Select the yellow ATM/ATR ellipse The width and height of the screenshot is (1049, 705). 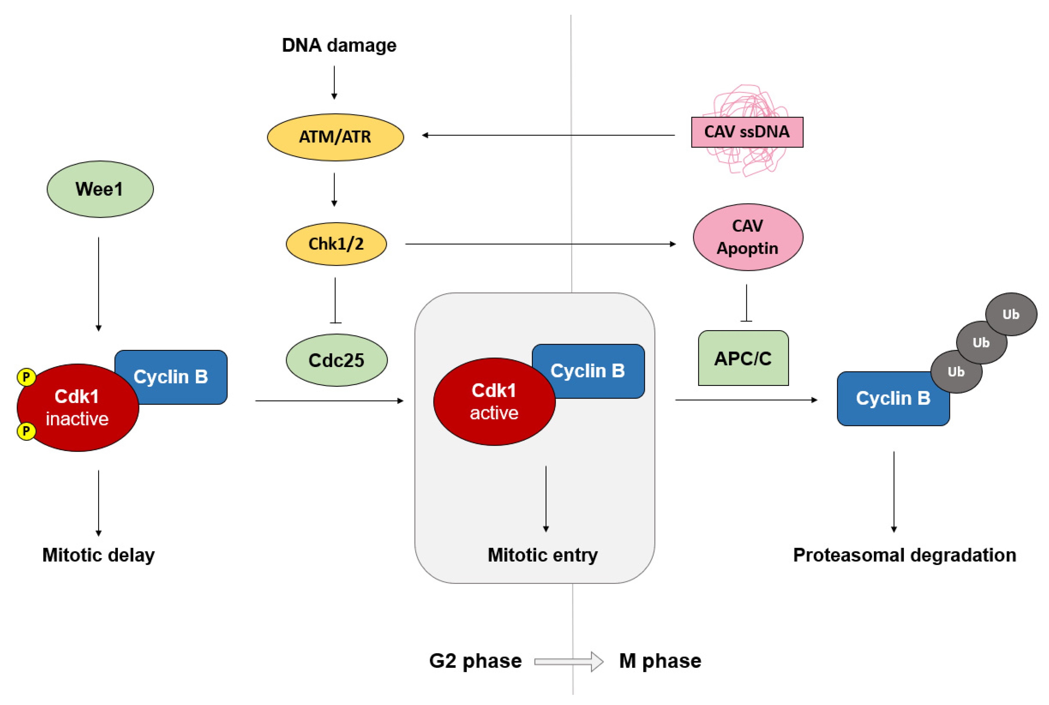click(335, 137)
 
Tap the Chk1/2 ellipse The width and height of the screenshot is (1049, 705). click(336, 244)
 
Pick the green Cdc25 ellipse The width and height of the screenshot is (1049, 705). click(336, 360)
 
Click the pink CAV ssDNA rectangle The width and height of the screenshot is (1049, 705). click(747, 132)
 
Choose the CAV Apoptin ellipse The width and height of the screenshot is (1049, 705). click(748, 237)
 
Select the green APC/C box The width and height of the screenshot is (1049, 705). click(743, 358)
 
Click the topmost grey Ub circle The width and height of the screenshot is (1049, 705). click(1011, 314)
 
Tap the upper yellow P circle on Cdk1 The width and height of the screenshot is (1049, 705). click(26, 377)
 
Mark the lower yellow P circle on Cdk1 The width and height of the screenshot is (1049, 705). click(26, 431)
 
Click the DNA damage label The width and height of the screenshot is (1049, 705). click(339, 45)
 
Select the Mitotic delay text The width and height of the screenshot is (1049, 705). click(98, 555)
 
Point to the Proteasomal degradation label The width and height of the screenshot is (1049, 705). click(904, 555)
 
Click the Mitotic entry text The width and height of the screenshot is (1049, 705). click(542, 555)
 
